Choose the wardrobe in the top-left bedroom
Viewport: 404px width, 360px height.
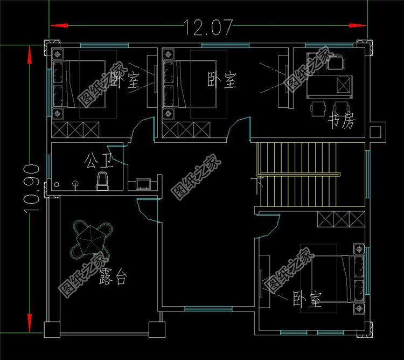[x=75, y=130]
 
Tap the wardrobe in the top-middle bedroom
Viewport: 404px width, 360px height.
[x=186, y=130]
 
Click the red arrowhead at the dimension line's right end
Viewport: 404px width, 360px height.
[x=356, y=25]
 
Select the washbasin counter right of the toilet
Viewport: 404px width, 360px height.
[x=143, y=184]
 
